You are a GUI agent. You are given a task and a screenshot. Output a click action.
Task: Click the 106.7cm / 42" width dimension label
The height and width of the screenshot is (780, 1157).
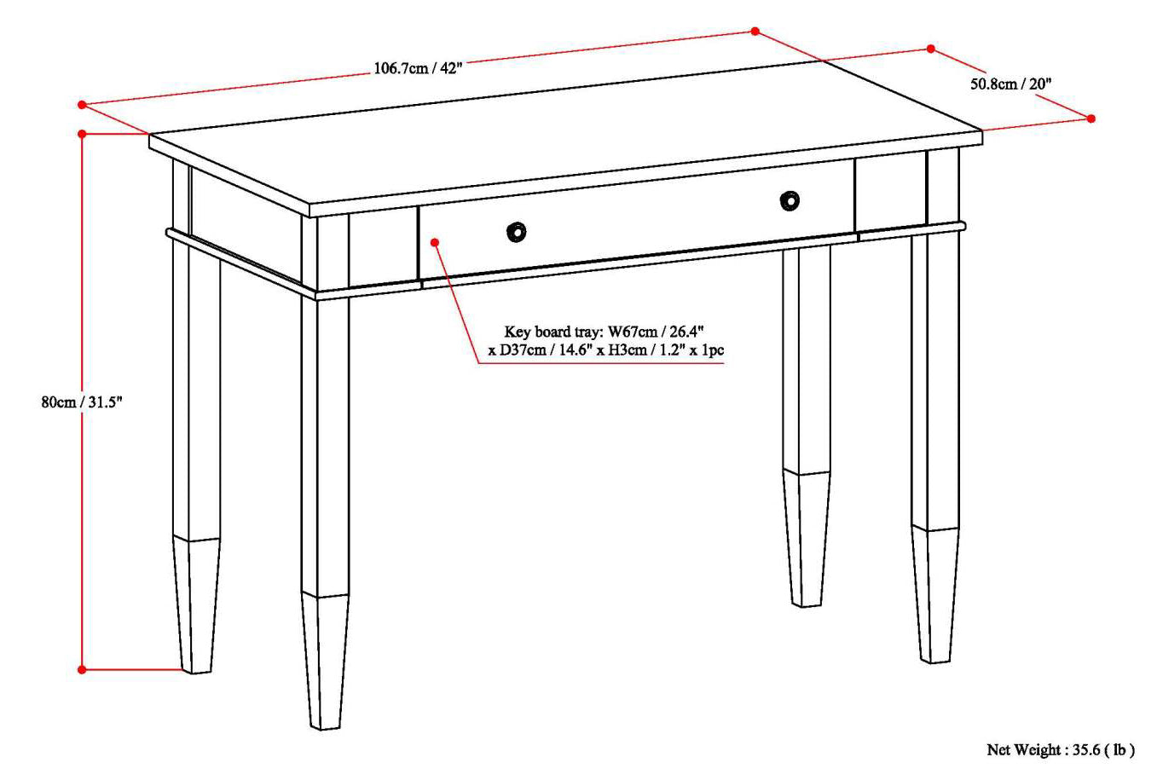click(x=418, y=68)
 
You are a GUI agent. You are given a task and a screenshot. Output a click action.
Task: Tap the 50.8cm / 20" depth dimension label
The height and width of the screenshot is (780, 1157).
click(x=1011, y=84)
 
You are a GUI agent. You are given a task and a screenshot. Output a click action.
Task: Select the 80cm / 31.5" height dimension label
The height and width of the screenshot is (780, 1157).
click(x=82, y=402)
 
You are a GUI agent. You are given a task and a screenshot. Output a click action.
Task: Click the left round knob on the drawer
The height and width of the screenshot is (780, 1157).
click(x=516, y=232)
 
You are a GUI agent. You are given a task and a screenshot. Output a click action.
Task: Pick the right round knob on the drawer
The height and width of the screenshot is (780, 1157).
click(x=790, y=201)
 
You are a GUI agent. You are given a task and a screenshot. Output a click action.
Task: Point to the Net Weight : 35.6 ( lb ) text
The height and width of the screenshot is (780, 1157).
click(x=1061, y=749)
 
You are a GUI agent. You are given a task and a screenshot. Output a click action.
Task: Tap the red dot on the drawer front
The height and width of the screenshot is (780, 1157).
click(x=435, y=242)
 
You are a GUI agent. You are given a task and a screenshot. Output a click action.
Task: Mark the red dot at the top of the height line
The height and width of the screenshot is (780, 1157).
click(x=82, y=134)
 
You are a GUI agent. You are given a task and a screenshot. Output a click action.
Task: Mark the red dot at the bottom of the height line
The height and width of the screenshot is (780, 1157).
click(x=82, y=670)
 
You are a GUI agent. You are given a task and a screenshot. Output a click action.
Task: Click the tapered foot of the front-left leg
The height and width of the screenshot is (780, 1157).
click(x=325, y=662)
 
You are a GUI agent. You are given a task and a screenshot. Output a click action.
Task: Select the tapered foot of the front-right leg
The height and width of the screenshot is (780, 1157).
click(x=935, y=594)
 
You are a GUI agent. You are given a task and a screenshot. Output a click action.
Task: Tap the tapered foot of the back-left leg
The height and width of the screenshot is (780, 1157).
click(x=196, y=605)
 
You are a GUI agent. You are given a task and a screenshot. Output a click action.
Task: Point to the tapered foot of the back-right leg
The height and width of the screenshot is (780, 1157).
click(x=807, y=538)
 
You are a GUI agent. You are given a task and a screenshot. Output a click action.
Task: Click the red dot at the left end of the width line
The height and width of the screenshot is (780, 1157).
click(x=82, y=105)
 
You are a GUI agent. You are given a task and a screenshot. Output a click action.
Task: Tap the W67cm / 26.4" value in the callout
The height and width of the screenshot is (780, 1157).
click(x=656, y=331)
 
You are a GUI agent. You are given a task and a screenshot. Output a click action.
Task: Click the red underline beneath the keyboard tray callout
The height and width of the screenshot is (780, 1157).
click(x=601, y=363)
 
